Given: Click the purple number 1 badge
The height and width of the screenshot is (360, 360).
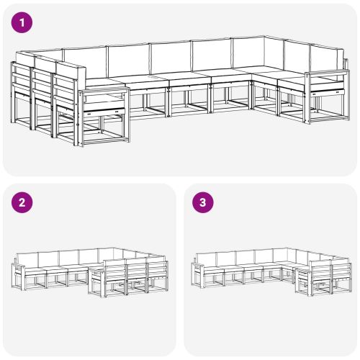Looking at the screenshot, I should pos(23,23).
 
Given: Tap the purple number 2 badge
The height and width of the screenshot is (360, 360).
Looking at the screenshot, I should pos(23,203).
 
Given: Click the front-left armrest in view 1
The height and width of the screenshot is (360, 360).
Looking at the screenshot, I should pos(103,93).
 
